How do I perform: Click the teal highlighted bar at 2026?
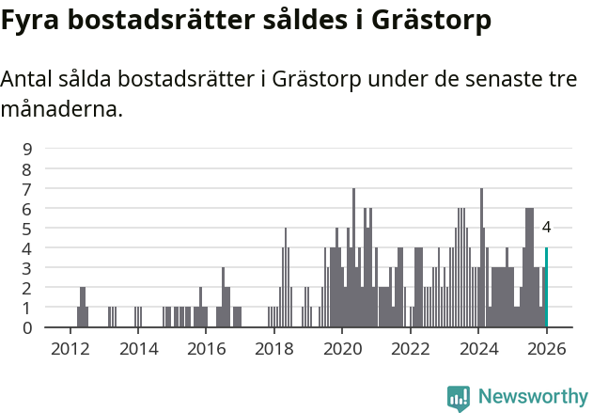[x=546, y=288]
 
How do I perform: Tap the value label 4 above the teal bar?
[x=546, y=227]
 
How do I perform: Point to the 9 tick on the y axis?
[x=27, y=149]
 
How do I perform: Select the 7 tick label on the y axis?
[x=27, y=188]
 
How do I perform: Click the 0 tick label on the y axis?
[x=27, y=327]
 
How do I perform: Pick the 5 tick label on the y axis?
[x=27, y=229]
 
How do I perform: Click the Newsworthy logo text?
[x=532, y=397]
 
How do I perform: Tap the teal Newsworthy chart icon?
[x=459, y=398]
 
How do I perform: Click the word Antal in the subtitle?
[x=27, y=79]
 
